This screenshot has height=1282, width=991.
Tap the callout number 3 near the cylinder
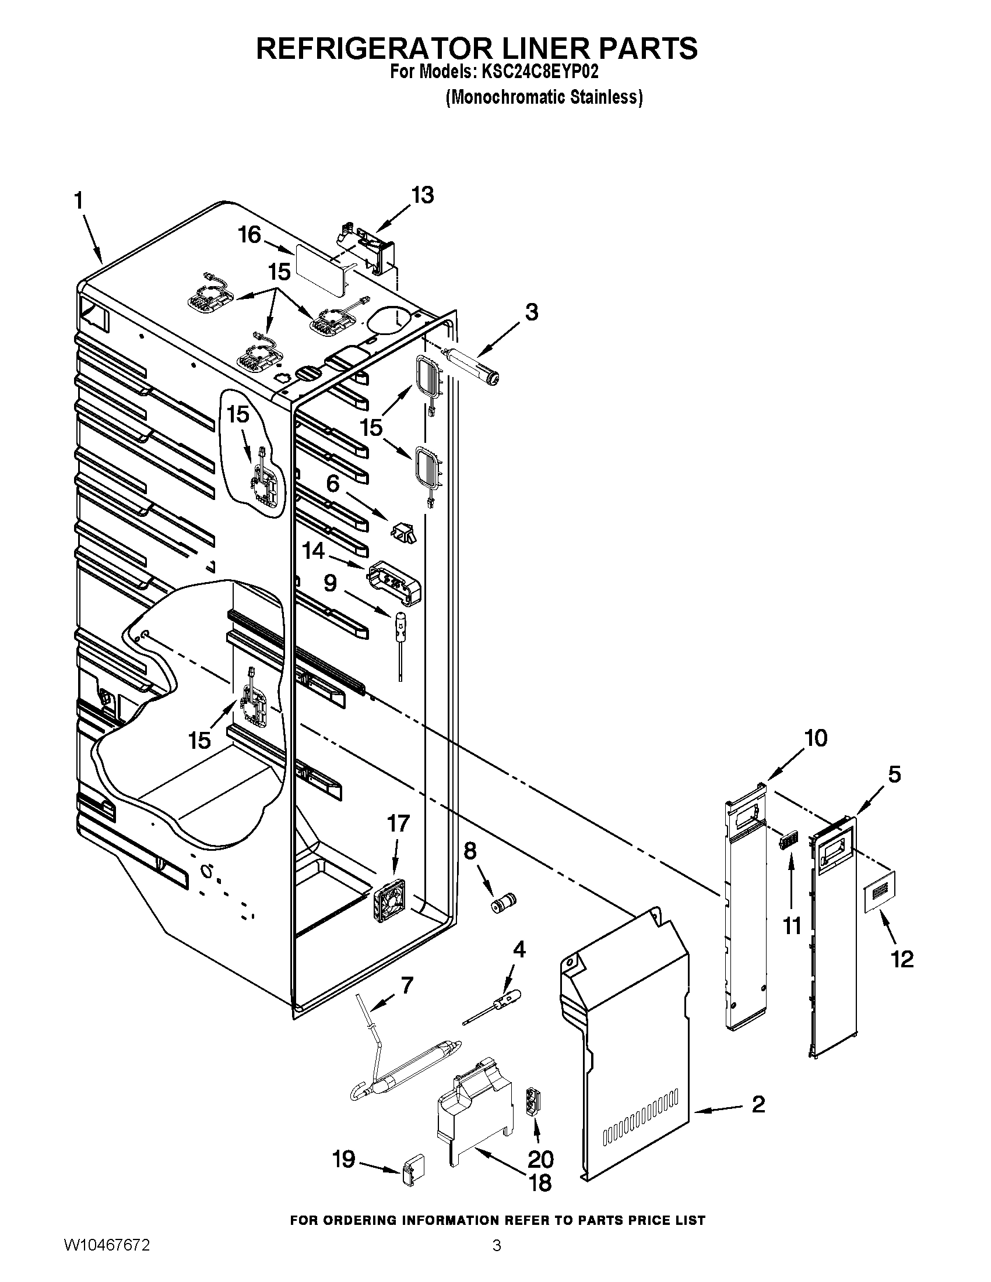pos(530,312)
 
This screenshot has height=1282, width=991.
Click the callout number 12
pos(902,959)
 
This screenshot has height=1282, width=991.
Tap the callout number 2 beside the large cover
pos(758,1104)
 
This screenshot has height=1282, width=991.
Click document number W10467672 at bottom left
pos(106,1257)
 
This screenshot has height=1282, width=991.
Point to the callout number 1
pos(79,202)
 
